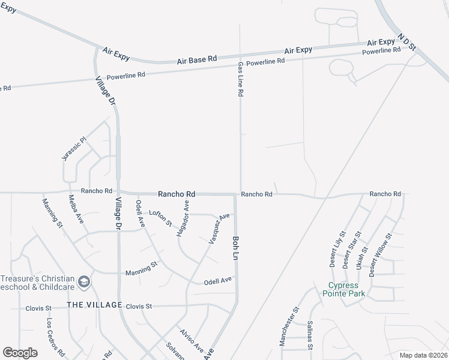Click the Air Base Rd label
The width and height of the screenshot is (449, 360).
point(197,61)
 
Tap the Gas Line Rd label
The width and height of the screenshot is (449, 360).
point(240,79)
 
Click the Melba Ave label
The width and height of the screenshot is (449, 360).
point(76,210)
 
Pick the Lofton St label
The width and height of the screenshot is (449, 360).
point(161,217)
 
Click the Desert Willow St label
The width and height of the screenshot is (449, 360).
point(380,254)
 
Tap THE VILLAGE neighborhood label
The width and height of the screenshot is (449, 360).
point(94,305)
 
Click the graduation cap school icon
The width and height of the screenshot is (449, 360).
point(85,281)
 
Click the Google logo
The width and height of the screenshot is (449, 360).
point(20,353)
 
